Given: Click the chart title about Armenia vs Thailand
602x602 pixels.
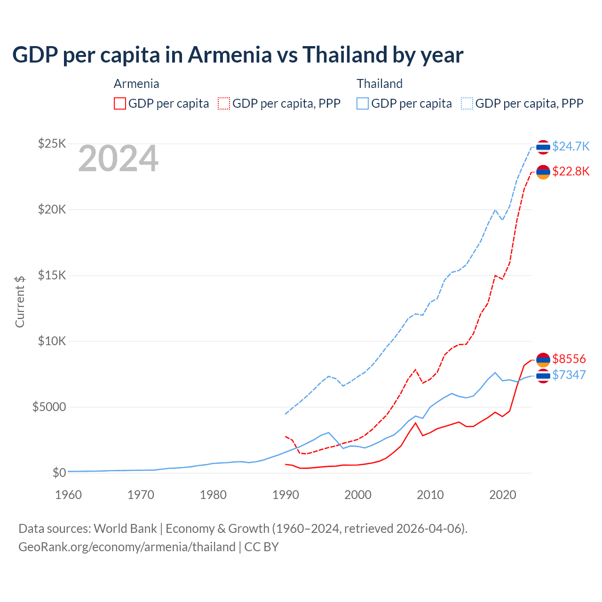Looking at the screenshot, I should click(238, 55).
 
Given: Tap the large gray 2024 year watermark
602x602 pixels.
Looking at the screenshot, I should click(118, 158).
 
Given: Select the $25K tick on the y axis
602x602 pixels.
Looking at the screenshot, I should click(52, 143).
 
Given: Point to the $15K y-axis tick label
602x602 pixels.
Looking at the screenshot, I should click(52, 275).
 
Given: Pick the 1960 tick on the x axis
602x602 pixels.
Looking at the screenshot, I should click(68, 495).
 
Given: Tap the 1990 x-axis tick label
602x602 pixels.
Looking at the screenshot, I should click(285, 495).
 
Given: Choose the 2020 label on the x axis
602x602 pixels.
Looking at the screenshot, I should click(503, 495).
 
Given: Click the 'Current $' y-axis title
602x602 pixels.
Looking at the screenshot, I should click(20, 301).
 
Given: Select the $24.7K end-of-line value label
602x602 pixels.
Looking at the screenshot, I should click(570, 146).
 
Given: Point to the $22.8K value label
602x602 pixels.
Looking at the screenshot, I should click(570, 171).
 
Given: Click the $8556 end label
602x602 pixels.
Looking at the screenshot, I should click(569, 359).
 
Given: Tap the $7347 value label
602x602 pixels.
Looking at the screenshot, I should click(569, 375).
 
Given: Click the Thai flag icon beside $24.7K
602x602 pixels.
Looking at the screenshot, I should click(543, 147).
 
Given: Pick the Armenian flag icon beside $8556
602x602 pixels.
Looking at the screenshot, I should click(543, 360).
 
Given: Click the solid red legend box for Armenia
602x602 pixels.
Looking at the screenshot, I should click(120, 103).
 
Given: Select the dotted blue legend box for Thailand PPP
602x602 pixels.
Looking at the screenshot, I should click(467, 103).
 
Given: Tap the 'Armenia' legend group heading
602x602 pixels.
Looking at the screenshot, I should click(136, 84).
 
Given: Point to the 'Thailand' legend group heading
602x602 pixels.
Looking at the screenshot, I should click(380, 84).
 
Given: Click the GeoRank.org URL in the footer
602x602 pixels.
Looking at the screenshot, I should click(127, 547).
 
